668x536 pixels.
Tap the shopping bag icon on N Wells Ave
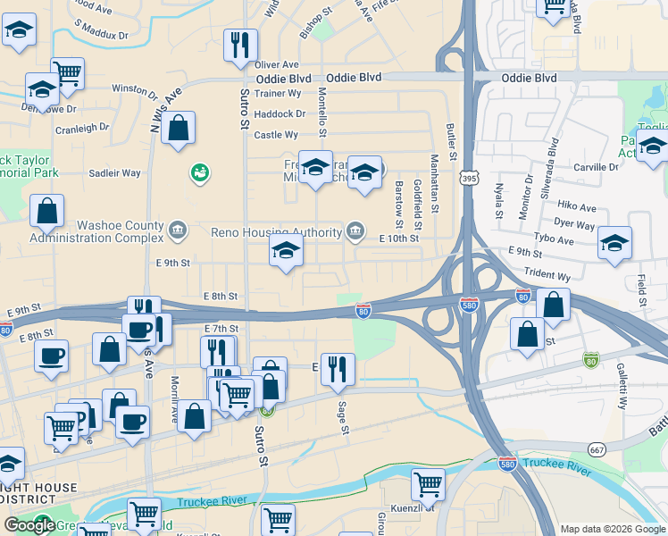(x=179, y=127)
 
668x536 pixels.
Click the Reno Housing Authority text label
(x=276, y=233)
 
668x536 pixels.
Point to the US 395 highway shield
(x=469, y=180)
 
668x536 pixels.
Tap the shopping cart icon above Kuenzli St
(x=428, y=484)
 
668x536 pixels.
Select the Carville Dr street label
(x=597, y=167)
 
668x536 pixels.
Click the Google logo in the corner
(x=29, y=525)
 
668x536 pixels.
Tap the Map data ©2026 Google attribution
(x=612, y=529)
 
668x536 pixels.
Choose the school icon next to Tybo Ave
(x=614, y=243)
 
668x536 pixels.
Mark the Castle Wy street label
(x=276, y=135)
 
